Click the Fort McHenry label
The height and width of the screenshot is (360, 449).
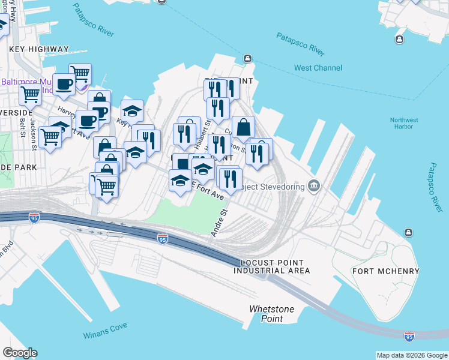pyautogui.click(x=385, y=271)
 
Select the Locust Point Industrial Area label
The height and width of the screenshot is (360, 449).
pyautogui.click(x=272, y=267)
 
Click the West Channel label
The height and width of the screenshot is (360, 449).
pyautogui.click(x=318, y=68)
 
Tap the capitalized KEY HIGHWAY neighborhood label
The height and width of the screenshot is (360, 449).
pyautogui.click(x=39, y=49)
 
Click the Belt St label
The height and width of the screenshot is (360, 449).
pyautogui.click(x=22, y=127)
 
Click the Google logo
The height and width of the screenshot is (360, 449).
pyautogui.click(x=20, y=353)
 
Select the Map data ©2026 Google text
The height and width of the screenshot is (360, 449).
pyautogui.click(x=412, y=355)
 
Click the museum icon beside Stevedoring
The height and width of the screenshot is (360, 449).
pyautogui.click(x=314, y=186)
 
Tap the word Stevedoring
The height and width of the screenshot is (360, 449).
pyautogui.click(x=283, y=186)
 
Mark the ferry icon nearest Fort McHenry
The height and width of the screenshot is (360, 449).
pyautogui.click(x=408, y=232)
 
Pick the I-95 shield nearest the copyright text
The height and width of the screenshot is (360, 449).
pyautogui.click(x=409, y=337)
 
